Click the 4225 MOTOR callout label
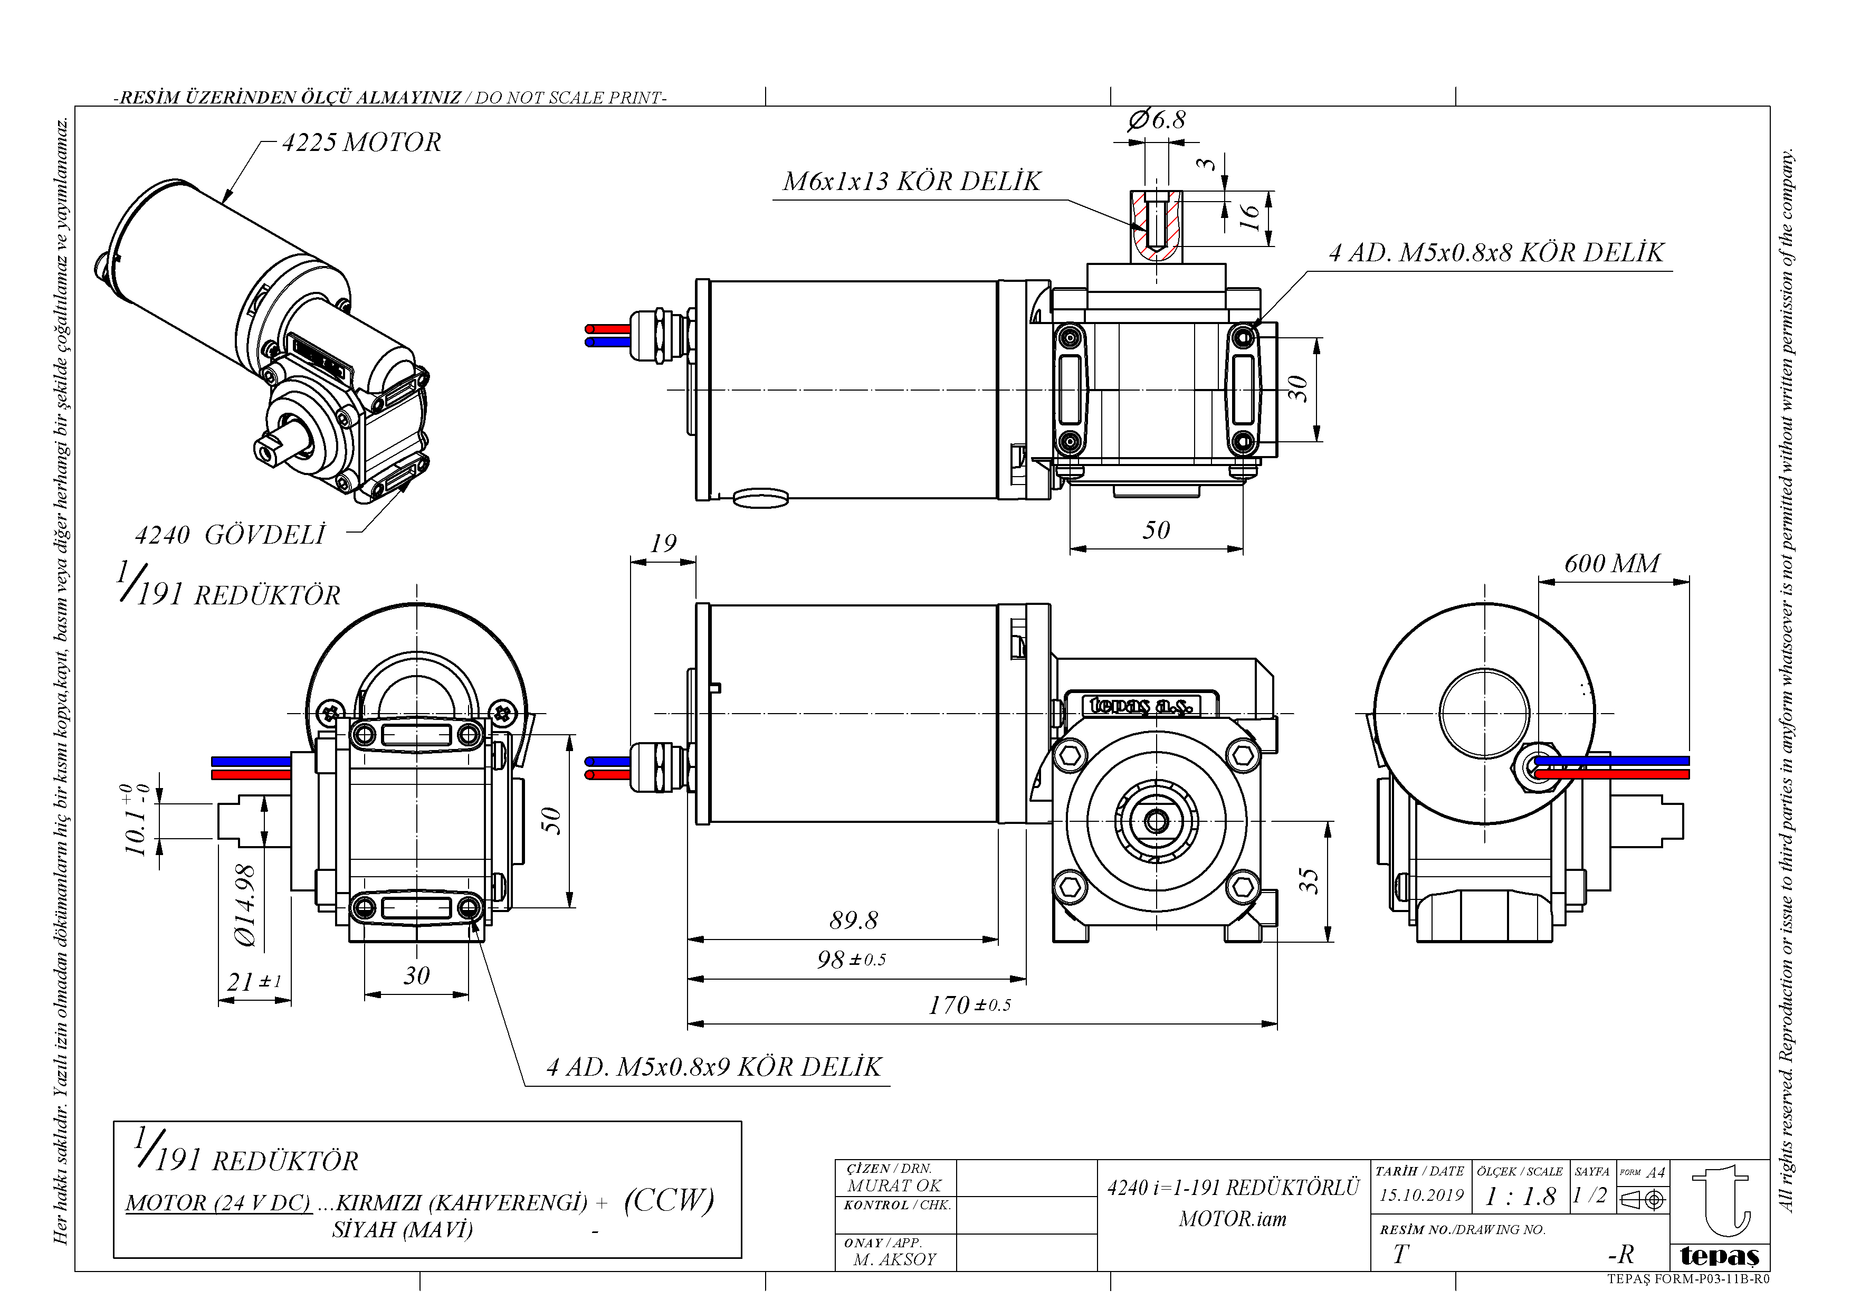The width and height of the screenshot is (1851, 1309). [361, 143]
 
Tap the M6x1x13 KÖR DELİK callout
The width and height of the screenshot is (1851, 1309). [912, 182]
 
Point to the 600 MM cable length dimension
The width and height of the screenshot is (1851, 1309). [1611, 563]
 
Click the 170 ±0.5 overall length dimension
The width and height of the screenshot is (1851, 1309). [969, 1005]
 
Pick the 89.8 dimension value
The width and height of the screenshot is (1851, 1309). [853, 920]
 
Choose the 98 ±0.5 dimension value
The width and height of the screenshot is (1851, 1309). [851, 960]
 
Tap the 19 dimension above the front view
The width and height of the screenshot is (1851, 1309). [663, 544]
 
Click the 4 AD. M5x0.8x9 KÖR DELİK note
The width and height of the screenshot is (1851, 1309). [714, 1068]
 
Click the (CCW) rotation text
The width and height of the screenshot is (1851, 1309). [669, 1200]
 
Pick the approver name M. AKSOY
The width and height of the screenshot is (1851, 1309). [895, 1259]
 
